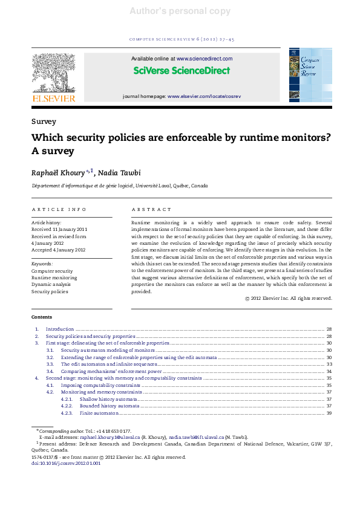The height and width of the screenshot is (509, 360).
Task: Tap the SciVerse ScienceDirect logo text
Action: point(182,71)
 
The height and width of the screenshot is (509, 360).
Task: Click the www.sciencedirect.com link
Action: point(205,59)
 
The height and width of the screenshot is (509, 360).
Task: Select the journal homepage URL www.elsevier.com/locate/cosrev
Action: point(204,96)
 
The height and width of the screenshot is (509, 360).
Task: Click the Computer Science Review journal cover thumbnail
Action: point(310,76)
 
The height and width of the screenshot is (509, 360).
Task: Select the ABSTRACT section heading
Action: point(151,209)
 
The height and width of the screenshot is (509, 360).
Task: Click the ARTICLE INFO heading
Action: point(59,209)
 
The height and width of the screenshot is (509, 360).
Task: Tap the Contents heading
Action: point(42,317)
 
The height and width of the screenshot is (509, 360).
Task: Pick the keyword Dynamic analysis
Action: point(51,285)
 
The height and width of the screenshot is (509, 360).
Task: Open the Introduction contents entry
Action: point(60,329)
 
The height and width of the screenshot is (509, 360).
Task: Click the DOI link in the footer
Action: point(66,464)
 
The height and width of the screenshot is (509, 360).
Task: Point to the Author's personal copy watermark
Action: point(180,11)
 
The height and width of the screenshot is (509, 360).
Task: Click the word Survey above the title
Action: point(44,122)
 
